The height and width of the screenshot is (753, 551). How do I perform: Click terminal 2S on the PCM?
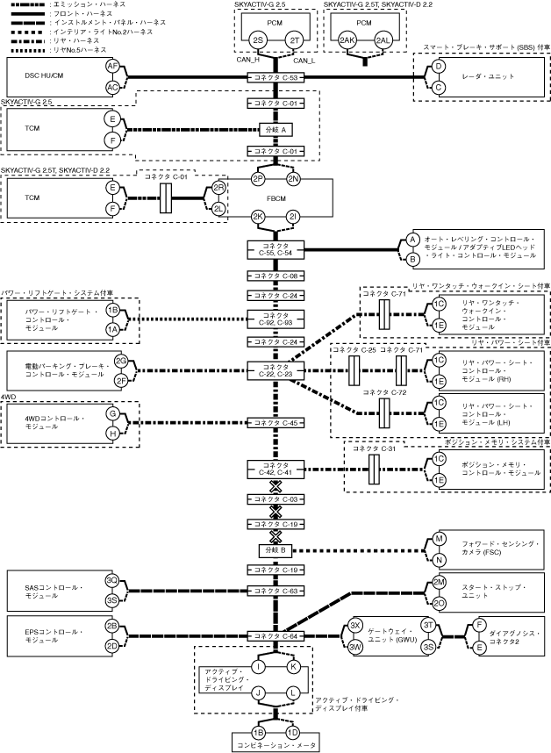257,40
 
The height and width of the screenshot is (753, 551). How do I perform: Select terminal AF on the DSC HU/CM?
112,67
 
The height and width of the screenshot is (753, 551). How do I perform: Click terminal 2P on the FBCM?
257,179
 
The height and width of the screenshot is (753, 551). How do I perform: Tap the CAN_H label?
249,61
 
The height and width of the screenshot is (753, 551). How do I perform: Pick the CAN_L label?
304,61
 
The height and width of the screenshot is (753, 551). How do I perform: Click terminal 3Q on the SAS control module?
112,580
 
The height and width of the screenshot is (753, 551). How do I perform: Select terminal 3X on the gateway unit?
356,625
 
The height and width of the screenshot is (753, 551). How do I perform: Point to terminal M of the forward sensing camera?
440,539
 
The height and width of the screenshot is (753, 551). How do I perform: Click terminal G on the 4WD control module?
112,412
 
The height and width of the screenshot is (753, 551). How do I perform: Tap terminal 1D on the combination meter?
293,732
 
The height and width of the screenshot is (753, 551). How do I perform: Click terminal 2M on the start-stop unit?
440,584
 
